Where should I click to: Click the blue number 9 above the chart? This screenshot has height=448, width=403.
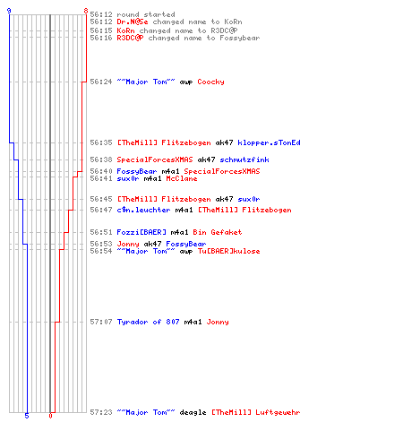click(9, 11)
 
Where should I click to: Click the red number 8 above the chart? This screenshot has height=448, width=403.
click(86, 11)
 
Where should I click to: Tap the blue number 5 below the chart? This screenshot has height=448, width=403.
click(27, 416)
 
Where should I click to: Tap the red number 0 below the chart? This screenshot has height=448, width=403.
click(50, 416)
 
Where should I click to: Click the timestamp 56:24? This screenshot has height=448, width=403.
click(101, 82)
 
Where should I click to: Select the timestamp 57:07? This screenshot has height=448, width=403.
click(101, 322)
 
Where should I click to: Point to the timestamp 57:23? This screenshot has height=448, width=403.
click(101, 412)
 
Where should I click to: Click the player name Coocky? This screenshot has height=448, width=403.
click(210, 82)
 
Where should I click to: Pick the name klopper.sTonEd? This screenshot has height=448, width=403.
click(269, 142)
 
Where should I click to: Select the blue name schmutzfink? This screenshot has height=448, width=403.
click(244, 159)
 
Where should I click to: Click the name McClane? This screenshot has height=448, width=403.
click(182, 178)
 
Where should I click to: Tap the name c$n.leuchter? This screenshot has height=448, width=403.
click(143, 210)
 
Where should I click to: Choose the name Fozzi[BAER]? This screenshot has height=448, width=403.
click(141, 232)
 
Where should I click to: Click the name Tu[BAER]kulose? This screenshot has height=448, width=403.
click(228, 251)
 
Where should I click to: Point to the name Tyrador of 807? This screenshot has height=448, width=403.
click(148, 322)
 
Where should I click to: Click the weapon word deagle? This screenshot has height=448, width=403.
click(193, 412)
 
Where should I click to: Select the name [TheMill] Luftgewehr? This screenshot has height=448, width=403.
click(256, 412)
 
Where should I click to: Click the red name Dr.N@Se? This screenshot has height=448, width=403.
click(133, 22)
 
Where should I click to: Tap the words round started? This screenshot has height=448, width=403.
click(146, 14)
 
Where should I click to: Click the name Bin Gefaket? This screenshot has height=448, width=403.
click(218, 232)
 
